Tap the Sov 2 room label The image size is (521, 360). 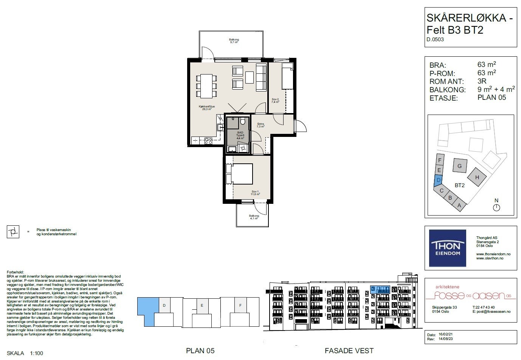pos(275,101)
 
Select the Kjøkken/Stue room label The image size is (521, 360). pos(207,108)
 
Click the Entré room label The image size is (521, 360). pos(260,125)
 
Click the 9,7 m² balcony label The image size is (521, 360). pos(234,41)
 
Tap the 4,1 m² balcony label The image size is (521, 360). pos(253,217)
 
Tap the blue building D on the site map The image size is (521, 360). pos(438,180)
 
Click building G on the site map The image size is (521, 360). pos(459,166)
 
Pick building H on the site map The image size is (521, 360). pos(477,177)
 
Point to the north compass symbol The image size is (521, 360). pos(496,207)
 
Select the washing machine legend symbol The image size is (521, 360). pos(13,232)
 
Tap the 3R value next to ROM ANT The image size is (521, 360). pos(482,81)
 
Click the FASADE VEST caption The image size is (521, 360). pos(349,351)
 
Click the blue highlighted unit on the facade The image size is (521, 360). pos(380,290)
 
